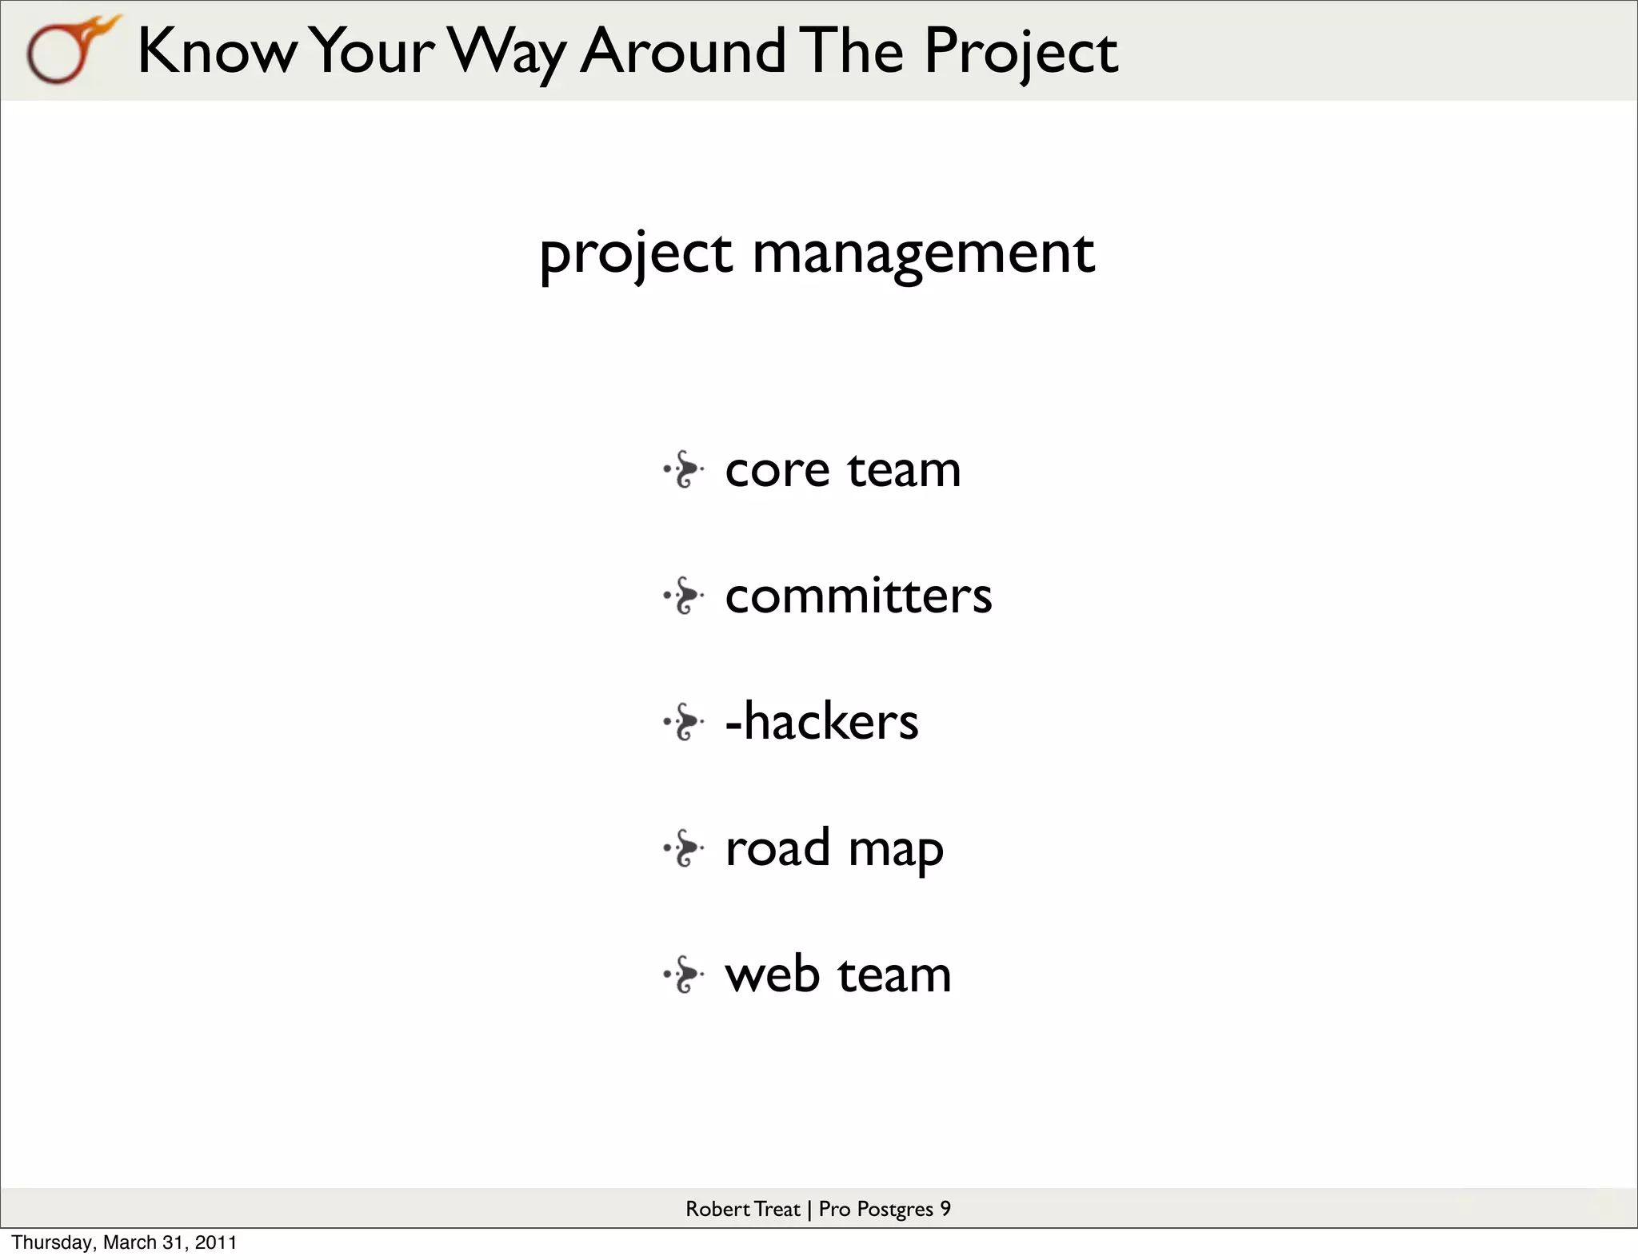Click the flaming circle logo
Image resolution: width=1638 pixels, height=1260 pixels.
click(x=68, y=50)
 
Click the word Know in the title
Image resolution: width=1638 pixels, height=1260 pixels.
click(x=216, y=51)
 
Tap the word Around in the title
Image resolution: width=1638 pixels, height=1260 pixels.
click(x=682, y=51)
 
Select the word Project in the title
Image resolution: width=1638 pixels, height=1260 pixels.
click(x=1021, y=51)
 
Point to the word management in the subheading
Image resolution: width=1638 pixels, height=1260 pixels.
click(x=923, y=254)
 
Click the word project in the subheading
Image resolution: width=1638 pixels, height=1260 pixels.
click(x=635, y=254)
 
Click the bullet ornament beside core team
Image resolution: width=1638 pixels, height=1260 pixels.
click(x=684, y=469)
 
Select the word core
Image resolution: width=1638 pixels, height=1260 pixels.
click(x=777, y=469)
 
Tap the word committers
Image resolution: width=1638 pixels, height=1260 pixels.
click(x=857, y=596)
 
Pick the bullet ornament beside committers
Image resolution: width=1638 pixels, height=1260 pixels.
click(x=684, y=596)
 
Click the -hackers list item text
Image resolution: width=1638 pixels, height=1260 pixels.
click(x=821, y=721)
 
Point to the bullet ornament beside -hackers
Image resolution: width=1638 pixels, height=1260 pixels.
click(x=684, y=722)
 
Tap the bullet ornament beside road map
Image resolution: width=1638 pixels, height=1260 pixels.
click(x=684, y=848)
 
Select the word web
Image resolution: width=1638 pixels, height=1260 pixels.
click(x=772, y=975)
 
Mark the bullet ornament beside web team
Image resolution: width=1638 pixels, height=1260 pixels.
click(x=684, y=975)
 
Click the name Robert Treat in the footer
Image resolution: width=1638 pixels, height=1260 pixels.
click(x=742, y=1209)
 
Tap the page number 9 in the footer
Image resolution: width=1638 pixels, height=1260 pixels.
click(x=945, y=1209)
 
